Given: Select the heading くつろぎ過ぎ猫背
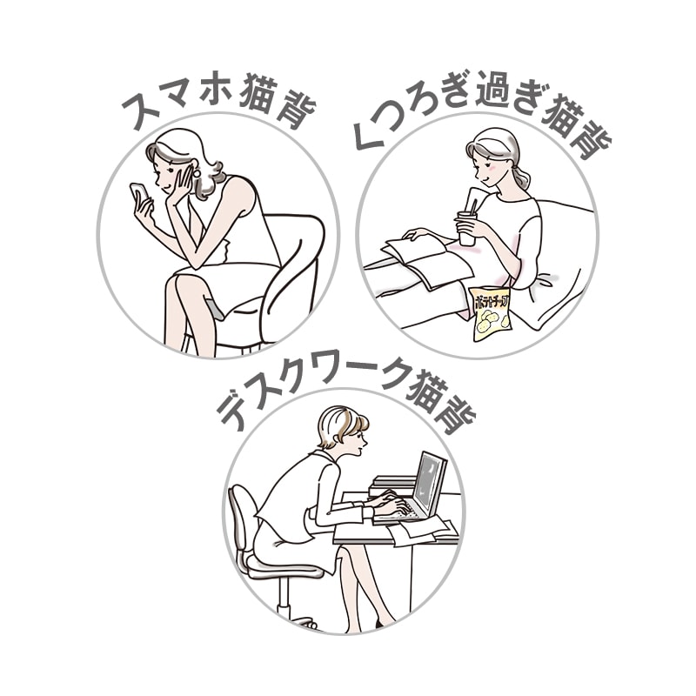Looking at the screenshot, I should [483, 117].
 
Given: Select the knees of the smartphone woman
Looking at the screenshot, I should [187, 283].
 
